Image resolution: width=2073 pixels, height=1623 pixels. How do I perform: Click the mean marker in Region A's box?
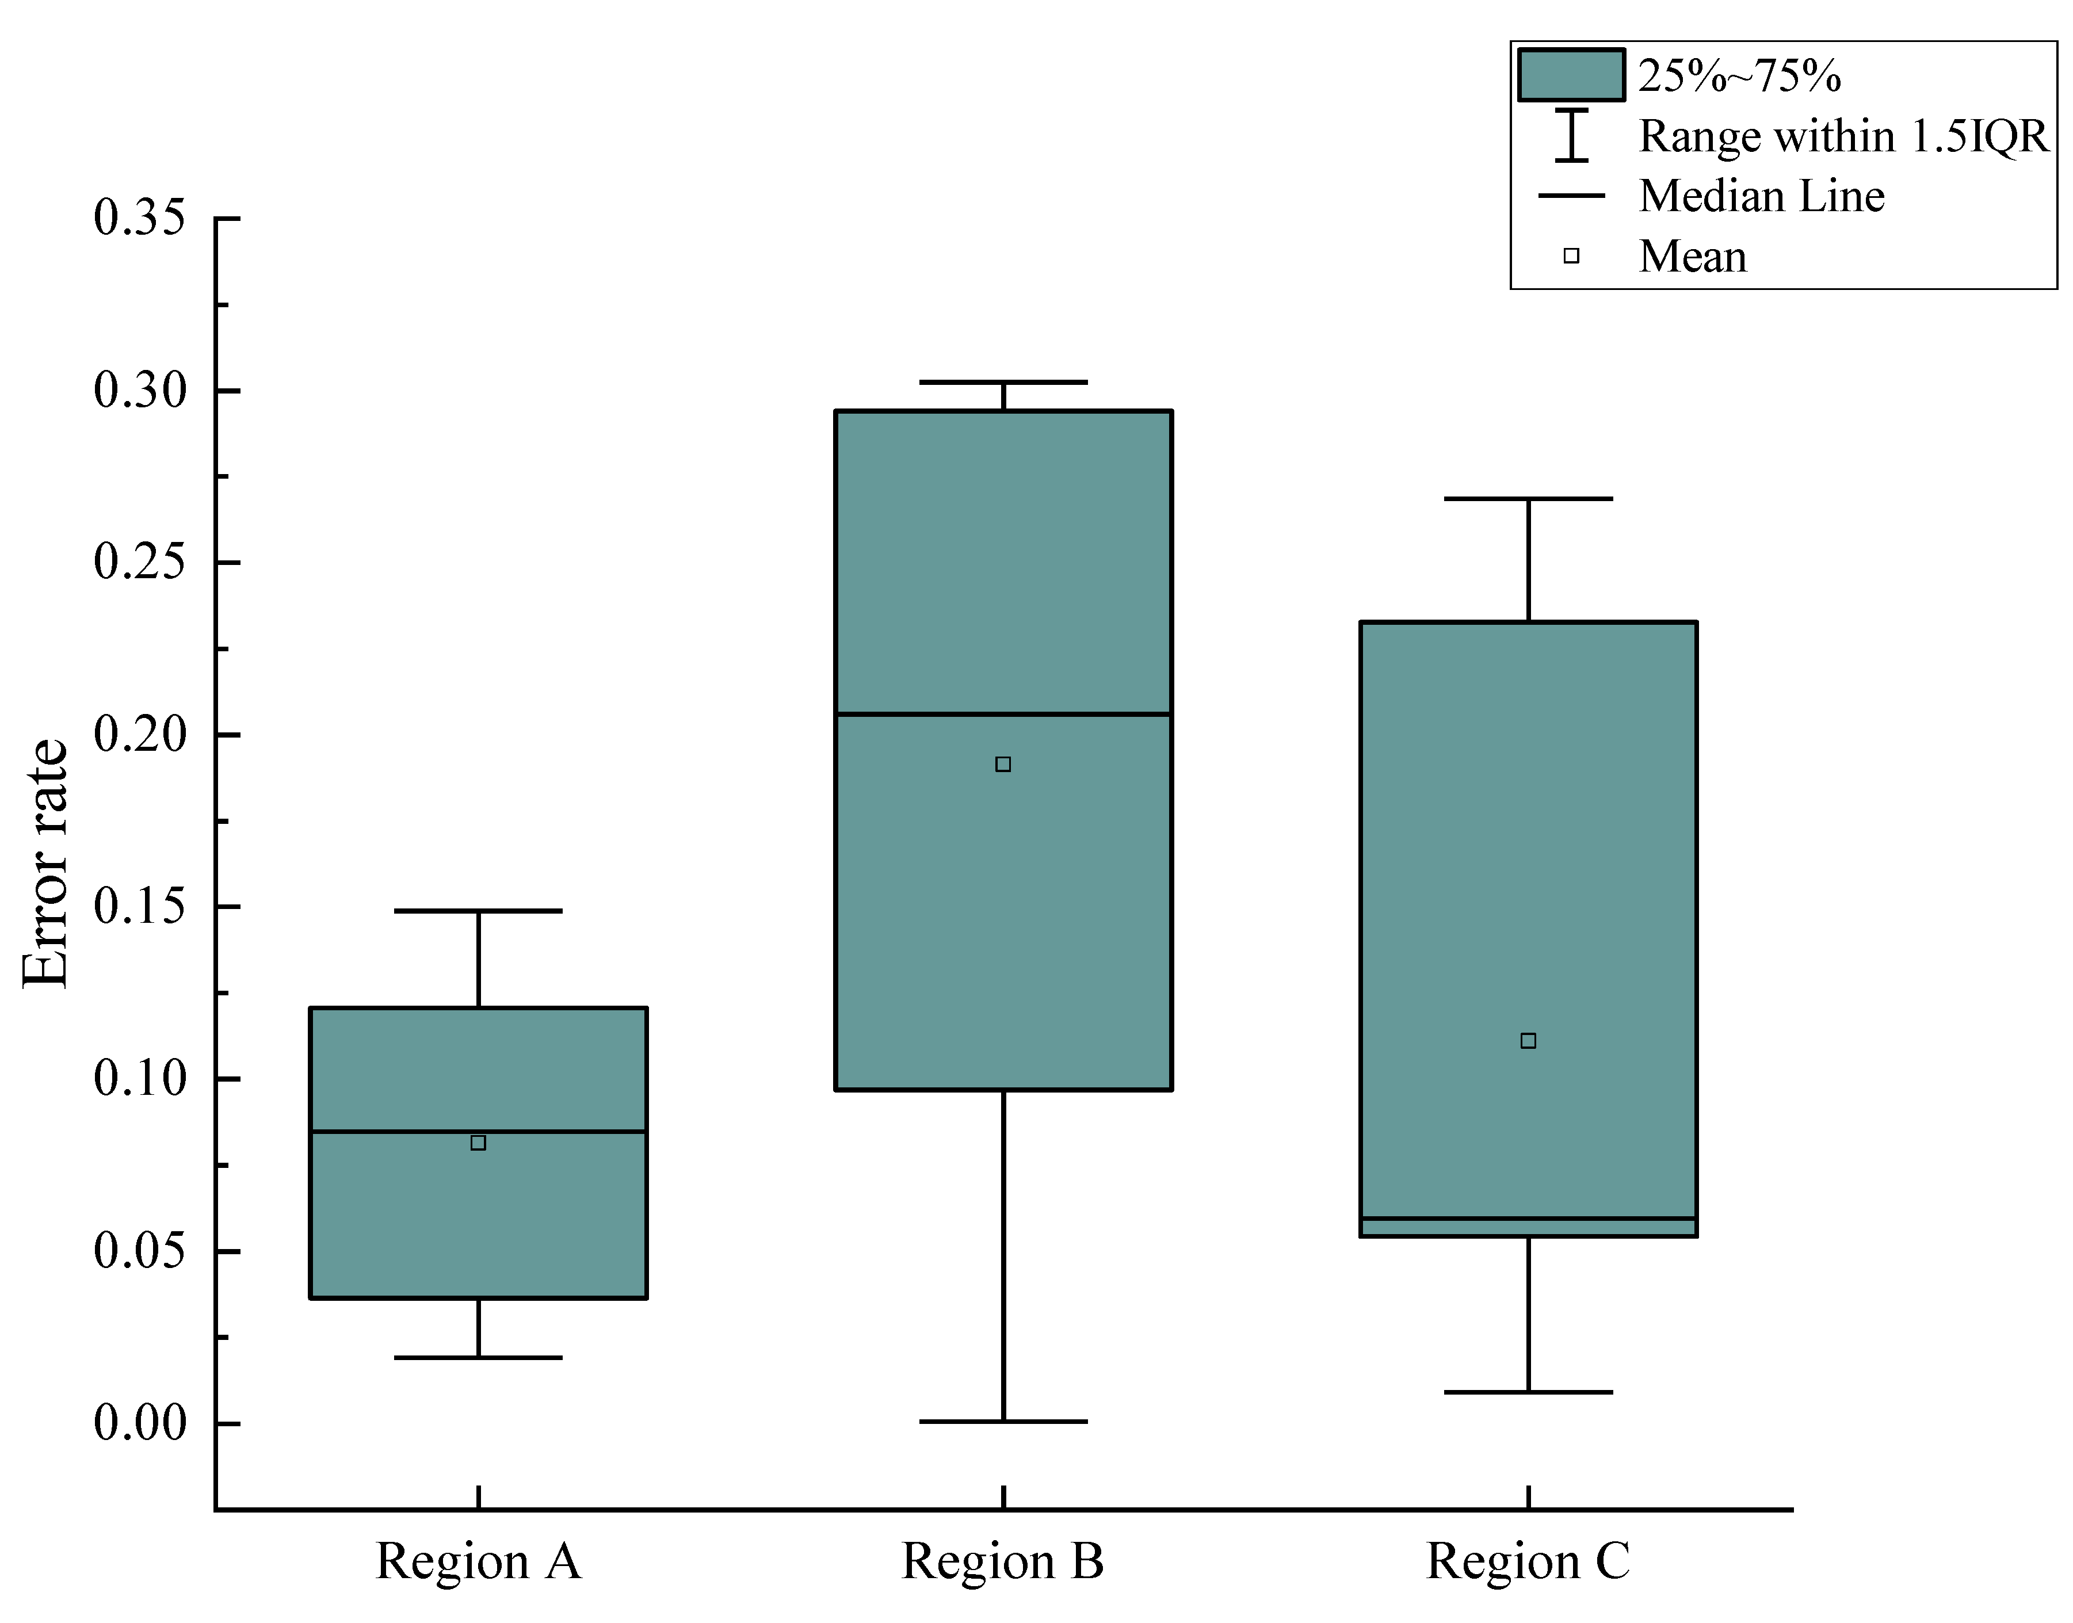(478, 1142)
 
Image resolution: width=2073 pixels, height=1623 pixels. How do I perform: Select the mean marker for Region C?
(1528, 1041)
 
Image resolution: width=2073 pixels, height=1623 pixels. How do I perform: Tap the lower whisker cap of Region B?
(1003, 1422)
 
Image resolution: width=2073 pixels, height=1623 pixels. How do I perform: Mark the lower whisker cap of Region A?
(478, 1357)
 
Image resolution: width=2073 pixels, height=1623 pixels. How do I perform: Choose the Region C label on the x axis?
(1528, 1561)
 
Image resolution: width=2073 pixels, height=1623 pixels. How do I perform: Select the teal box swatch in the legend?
(1570, 75)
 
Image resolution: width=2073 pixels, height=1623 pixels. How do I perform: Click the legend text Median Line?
(1761, 196)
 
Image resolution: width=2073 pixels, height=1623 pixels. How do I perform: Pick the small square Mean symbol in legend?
(1571, 255)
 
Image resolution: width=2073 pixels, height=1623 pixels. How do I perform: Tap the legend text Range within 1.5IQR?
(1843, 136)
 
